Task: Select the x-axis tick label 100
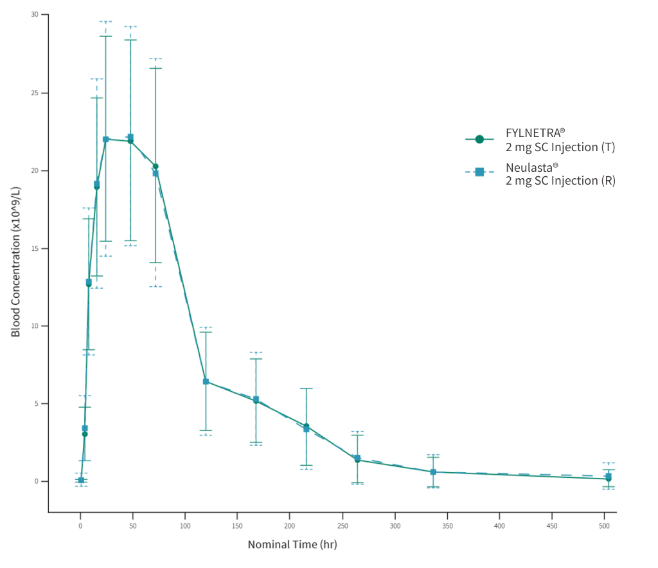[185, 526]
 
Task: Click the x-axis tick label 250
[342, 526]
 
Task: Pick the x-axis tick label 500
[604, 526]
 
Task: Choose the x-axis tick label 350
[447, 526]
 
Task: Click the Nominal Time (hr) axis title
[292, 544]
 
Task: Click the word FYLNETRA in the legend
[531, 133]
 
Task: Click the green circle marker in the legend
[479, 139]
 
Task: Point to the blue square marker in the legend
[479, 172]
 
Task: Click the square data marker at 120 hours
[206, 381]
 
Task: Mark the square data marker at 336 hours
[433, 472]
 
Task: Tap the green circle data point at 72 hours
[156, 167]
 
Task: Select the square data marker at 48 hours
[130, 137]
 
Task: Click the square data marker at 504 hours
[609, 476]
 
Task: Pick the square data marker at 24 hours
[106, 139]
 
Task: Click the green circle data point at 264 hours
[357, 460]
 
